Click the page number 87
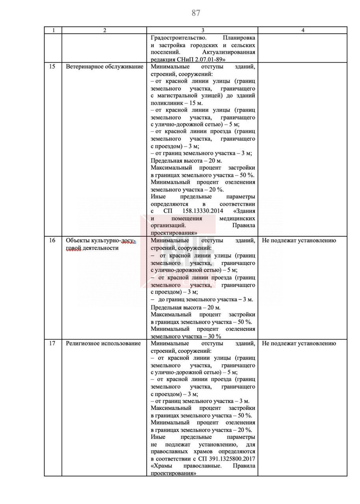196,13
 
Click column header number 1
53,30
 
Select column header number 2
104,30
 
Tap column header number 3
202,30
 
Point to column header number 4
302,30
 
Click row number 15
52,66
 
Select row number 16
52,240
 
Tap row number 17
52,343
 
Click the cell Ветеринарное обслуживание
104,66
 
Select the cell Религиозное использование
103,343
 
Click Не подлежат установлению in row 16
299,240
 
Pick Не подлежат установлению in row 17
299,343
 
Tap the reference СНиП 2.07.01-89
201,59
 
